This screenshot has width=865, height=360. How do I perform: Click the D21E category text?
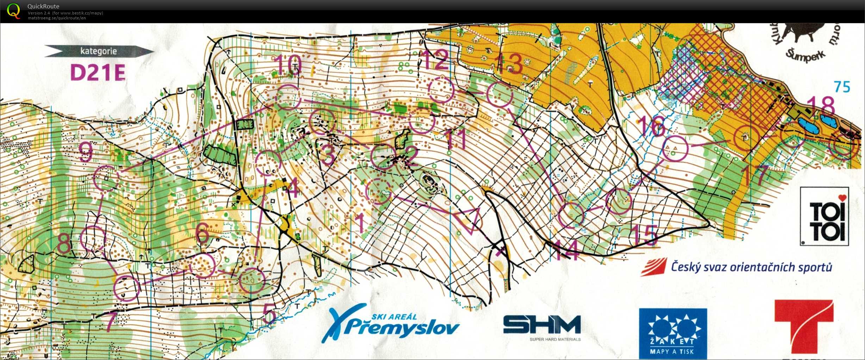(x=98, y=73)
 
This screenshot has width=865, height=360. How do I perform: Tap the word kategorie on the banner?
(x=98, y=51)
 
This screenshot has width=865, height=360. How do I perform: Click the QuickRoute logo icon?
(x=13, y=11)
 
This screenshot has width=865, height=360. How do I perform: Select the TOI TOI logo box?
(x=824, y=216)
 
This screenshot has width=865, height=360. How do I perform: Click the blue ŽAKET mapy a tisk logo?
(x=673, y=333)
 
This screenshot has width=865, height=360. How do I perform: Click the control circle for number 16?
(x=675, y=148)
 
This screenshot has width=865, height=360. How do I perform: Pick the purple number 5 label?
(x=269, y=313)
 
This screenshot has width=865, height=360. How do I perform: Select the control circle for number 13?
(x=499, y=94)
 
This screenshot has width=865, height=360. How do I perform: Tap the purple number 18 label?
(x=821, y=105)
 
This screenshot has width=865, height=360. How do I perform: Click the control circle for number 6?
(x=203, y=266)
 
